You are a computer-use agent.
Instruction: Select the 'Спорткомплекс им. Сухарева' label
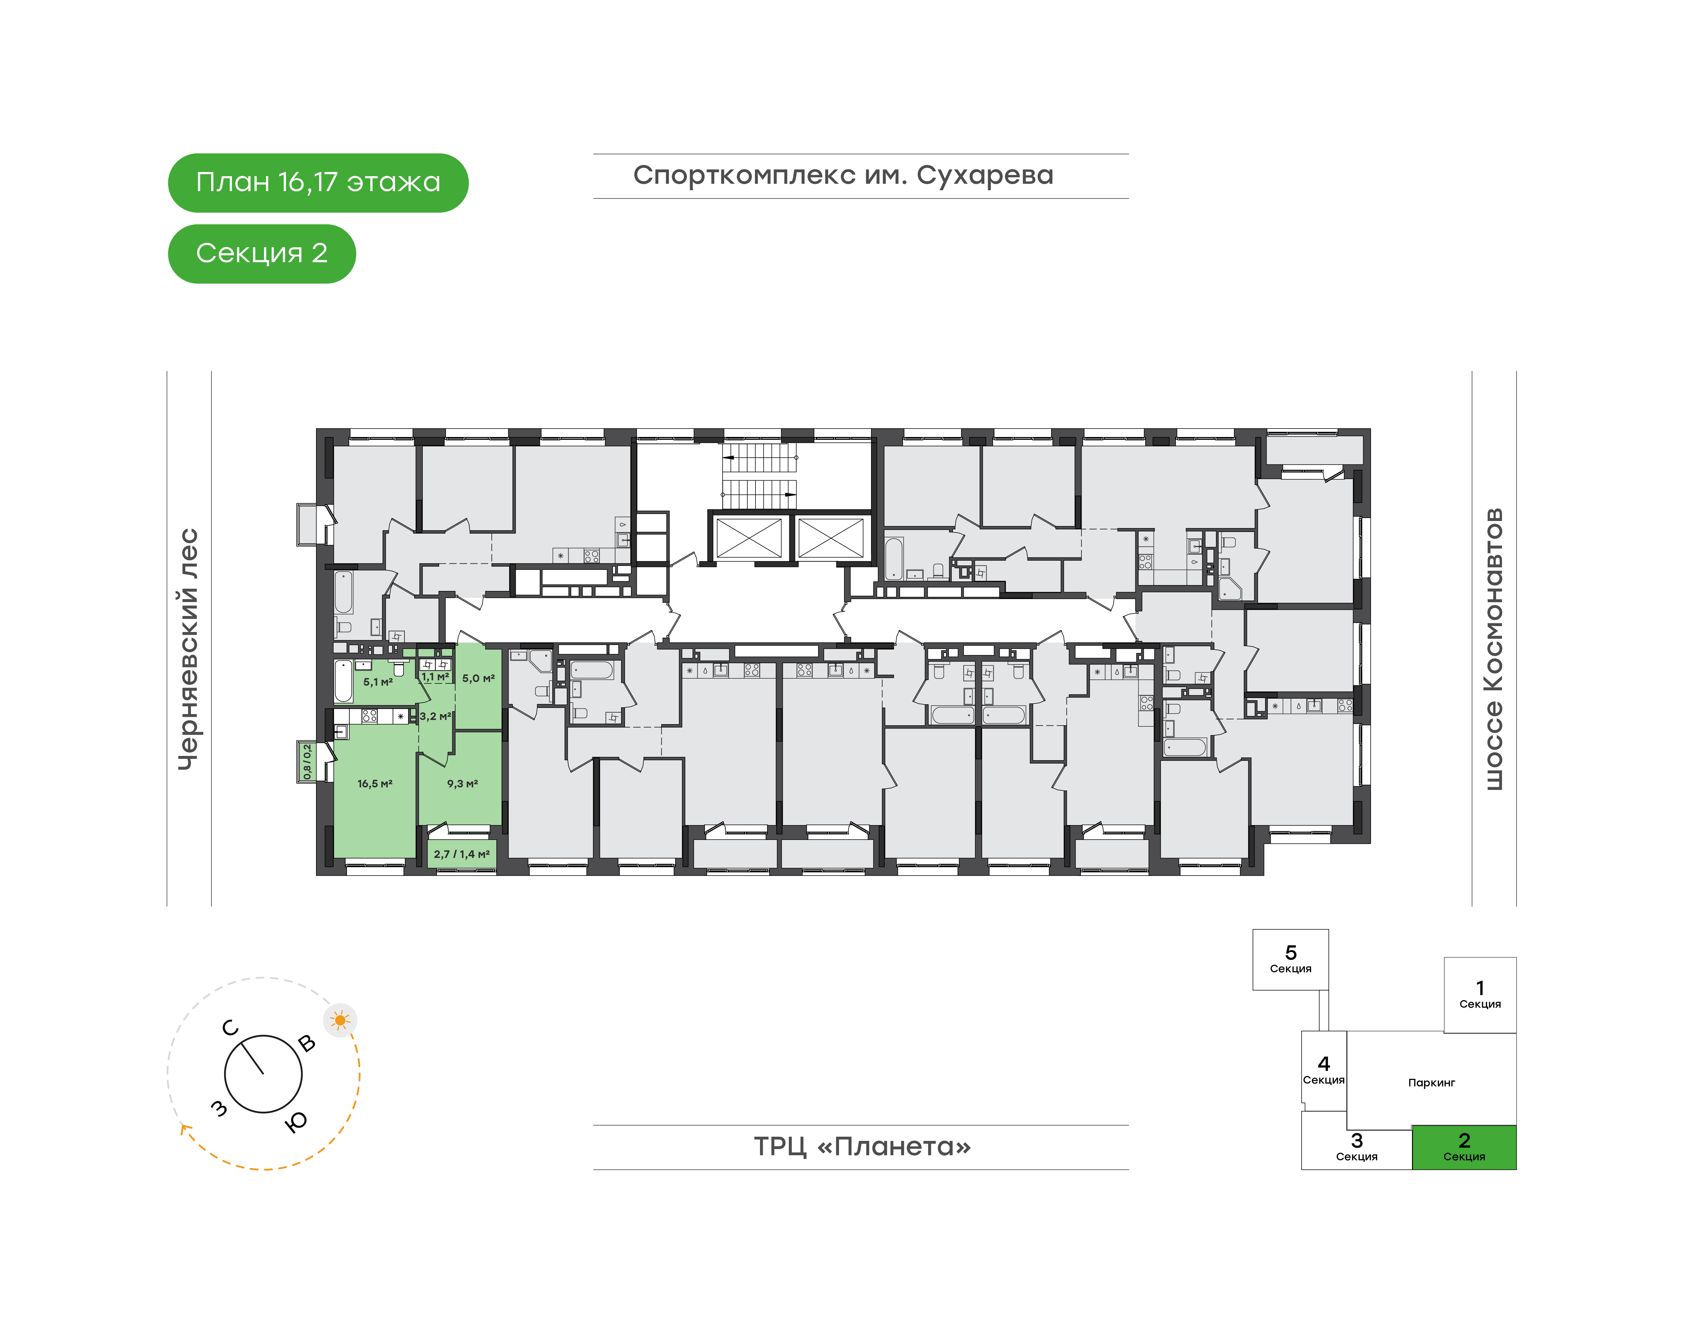coord(843,176)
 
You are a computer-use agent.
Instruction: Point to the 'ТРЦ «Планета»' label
coord(862,1147)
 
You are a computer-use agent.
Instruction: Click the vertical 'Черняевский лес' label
coord(188,649)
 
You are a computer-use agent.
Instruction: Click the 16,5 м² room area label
coord(375,784)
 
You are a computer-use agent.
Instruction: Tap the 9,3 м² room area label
coord(463,784)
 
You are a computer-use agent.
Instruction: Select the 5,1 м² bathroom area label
coord(378,682)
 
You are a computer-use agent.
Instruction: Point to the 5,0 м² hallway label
coord(478,679)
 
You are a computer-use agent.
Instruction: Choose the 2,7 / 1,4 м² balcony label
coord(462,854)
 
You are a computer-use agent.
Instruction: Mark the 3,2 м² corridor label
coord(436,717)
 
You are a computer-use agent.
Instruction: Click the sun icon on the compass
coord(340,1021)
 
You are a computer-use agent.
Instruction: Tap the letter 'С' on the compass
coord(230,1028)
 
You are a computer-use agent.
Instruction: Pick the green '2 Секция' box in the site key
coord(1464,1147)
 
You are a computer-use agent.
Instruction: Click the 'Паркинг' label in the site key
coord(1431,1083)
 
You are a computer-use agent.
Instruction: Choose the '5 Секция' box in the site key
coord(1290,960)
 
